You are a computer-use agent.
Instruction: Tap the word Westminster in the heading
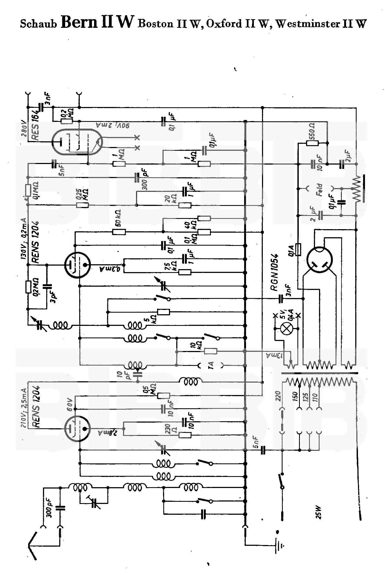point(308,24)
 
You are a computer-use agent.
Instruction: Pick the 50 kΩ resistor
point(119,232)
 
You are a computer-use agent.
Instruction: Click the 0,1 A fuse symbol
point(298,249)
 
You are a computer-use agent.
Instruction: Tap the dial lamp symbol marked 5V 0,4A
point(287,329)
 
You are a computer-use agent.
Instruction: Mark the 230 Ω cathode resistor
point(185,435)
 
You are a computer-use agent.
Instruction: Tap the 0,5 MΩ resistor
point(164,396)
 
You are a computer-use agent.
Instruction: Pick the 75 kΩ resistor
point(185,272)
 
